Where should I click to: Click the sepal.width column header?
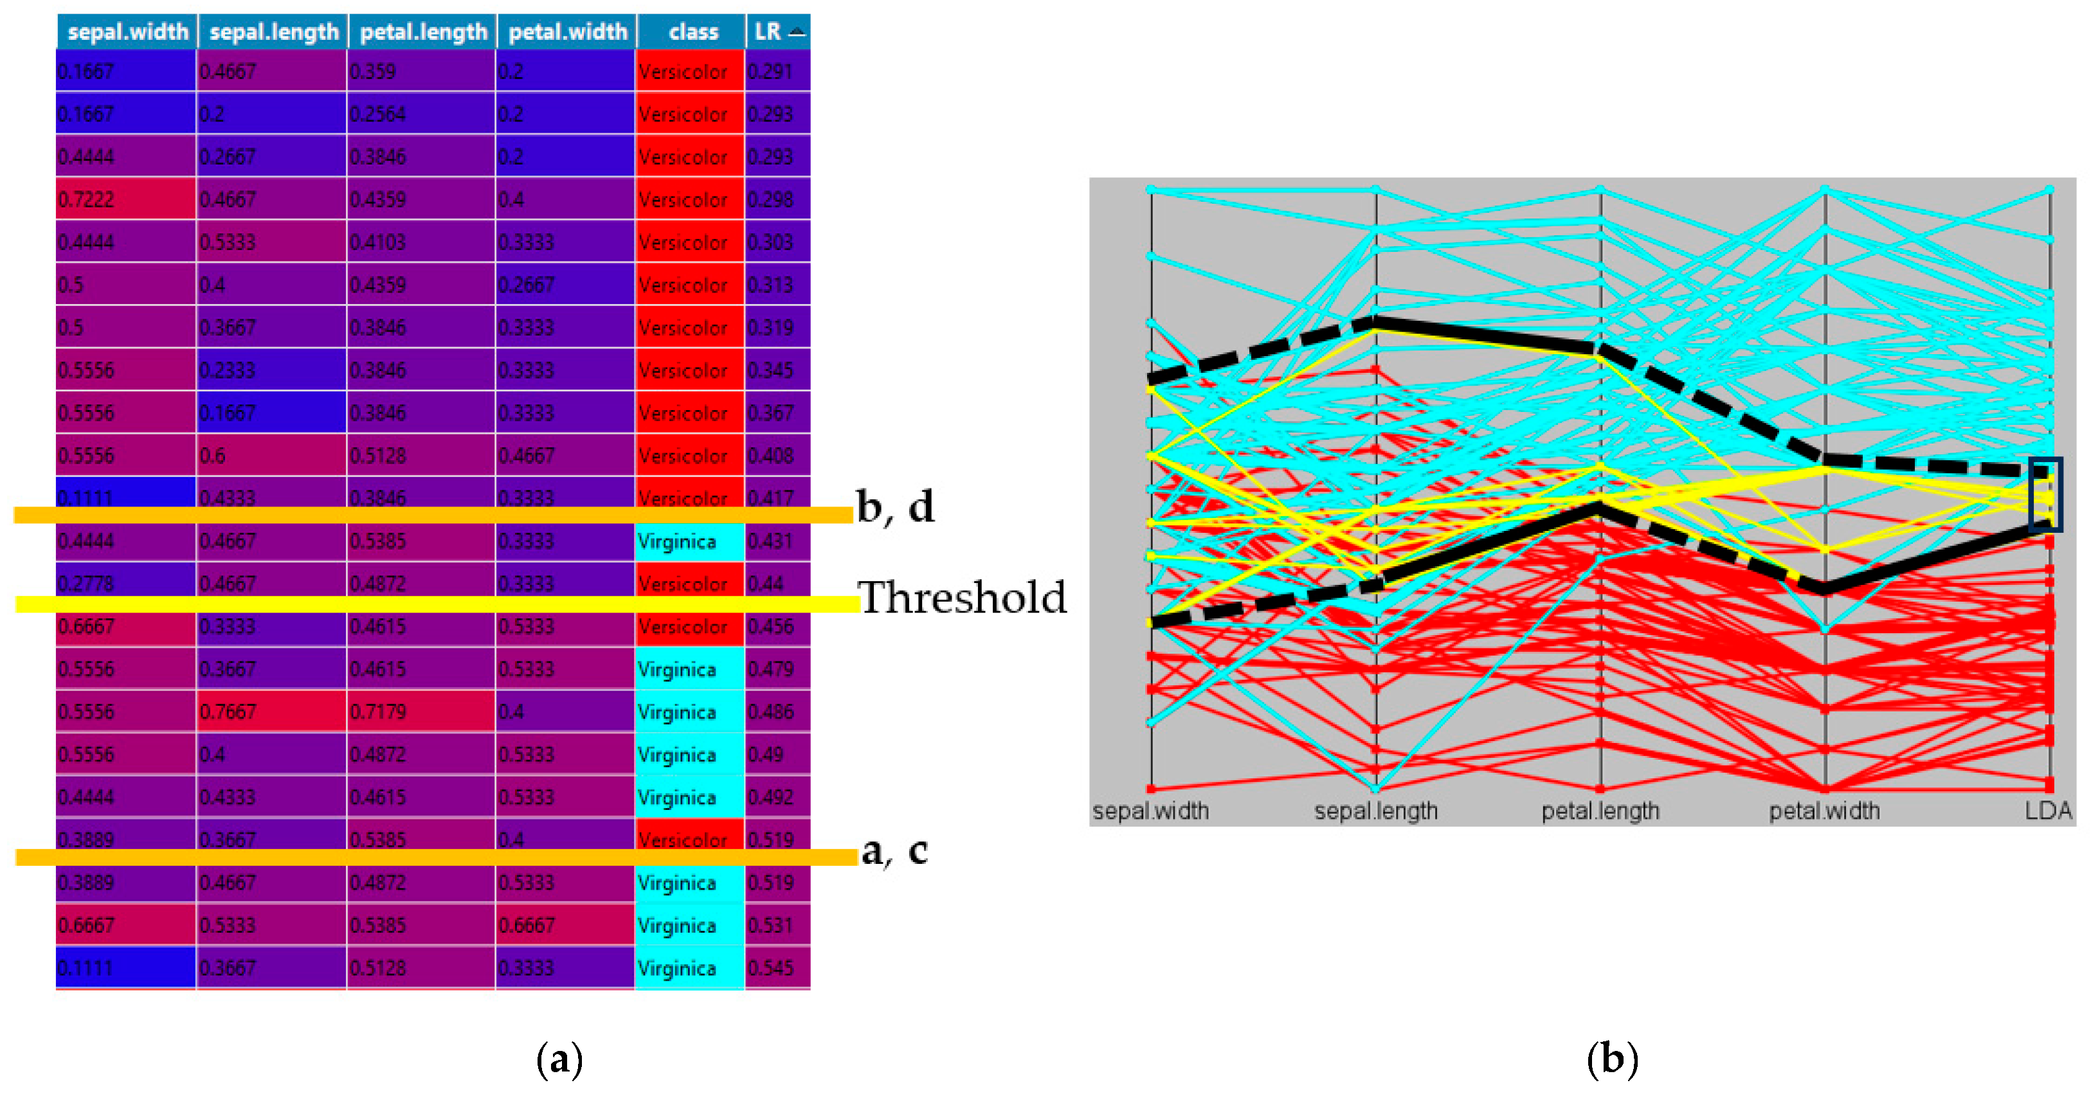[x=127, y=31]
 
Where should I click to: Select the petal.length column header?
[x=423, y=31]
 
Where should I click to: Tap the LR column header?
[x=777, y=31]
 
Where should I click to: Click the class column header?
[x=692, y=31]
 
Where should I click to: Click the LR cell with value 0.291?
[x=777, y=71]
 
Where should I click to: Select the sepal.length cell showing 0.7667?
[x=271, y=712]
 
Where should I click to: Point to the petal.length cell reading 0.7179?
[x=421, y=712]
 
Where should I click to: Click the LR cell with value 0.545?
[x=777, y=968]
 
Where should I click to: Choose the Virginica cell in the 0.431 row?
[x=689, y=541]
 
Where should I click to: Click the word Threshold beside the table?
[x=962, y=598]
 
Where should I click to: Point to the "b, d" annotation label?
[x=895, y=507]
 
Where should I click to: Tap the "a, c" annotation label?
[x=894, y=851]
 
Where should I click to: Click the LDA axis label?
[x=2048, y=811]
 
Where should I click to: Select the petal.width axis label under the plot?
[x=1824, y=811]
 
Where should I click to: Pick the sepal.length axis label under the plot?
[x=1376, y=811]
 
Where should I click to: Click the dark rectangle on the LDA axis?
[x=2045, y=494]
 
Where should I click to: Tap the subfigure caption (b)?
[x=1612, y=1059]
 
